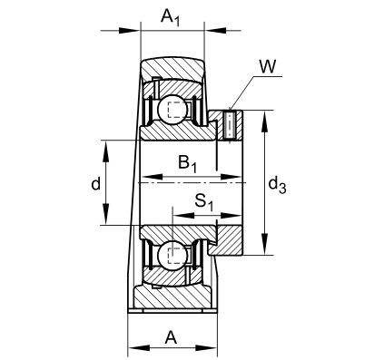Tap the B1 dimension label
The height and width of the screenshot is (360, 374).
click(188, 164)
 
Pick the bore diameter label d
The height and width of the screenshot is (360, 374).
click(95, 184)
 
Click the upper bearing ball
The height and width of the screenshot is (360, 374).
click(173, 110)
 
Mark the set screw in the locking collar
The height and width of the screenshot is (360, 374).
click(230, 125)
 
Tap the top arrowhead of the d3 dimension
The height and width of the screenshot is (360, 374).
click(264, 117)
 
